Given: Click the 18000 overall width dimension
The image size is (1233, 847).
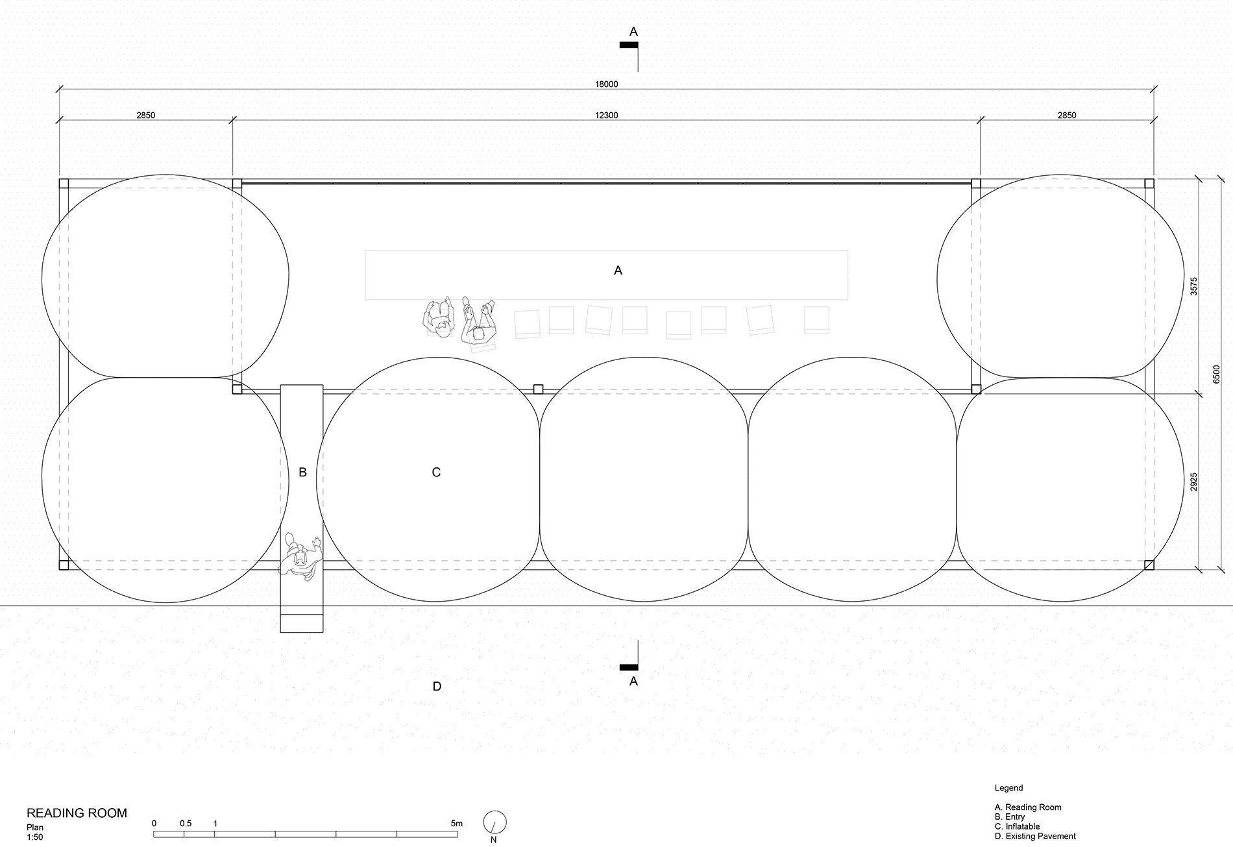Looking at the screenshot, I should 606,84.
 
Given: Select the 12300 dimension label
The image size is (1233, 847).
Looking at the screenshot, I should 606,116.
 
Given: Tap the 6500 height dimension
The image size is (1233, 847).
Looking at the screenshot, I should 1216,374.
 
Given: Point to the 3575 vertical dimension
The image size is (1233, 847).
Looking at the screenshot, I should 1194,286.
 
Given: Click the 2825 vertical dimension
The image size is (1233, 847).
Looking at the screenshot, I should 1194,482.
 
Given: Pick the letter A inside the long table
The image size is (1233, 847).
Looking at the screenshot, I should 618,271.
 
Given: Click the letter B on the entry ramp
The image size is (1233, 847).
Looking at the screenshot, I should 302,473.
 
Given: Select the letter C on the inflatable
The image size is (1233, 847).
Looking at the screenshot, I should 436,473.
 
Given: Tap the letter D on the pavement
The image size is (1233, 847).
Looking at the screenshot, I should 437,687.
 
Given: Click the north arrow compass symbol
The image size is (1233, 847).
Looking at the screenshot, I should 494,822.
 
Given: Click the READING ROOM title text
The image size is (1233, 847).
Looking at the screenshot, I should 77,813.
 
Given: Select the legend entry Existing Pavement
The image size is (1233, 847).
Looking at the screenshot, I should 1035,836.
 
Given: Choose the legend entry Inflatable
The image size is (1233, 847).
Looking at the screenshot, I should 1017,826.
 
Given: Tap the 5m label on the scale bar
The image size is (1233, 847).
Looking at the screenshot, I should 457,824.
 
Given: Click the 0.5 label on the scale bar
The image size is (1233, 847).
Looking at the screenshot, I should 186,824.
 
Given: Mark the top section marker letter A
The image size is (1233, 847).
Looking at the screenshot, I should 633,32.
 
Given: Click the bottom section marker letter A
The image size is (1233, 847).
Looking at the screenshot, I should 633,682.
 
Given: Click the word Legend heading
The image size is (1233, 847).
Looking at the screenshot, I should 1008,788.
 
